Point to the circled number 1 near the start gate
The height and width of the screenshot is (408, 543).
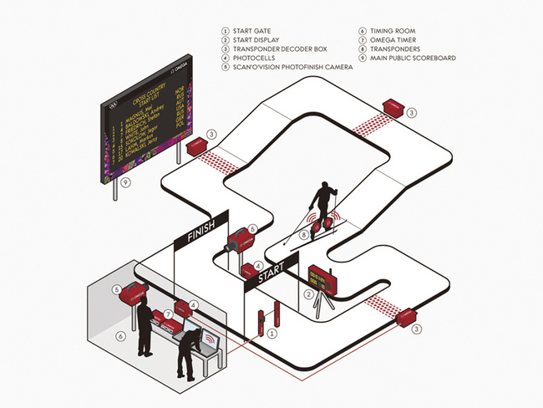271,333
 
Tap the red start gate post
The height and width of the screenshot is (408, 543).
261,323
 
